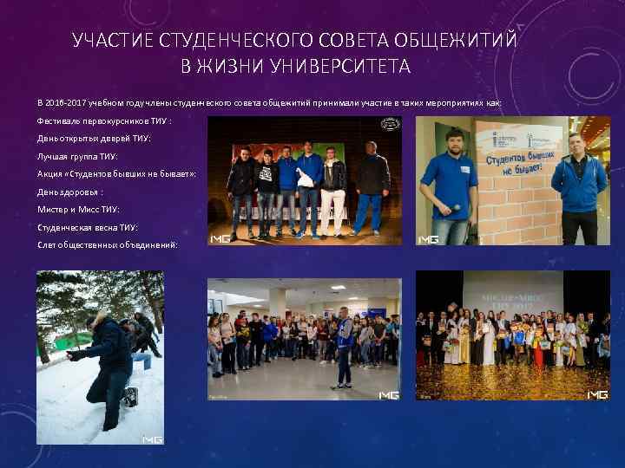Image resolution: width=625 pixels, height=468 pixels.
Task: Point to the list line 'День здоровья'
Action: click(x=70, y=192)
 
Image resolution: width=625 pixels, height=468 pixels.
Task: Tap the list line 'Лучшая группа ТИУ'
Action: click(x=77, y=156)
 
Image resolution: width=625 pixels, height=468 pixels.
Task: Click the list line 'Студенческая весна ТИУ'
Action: click(x=87, y=228)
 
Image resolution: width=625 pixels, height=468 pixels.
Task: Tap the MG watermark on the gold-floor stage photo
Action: click(x=597, y=394)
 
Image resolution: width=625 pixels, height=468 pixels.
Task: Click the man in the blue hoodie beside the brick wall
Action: click(x=579, y=186)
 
